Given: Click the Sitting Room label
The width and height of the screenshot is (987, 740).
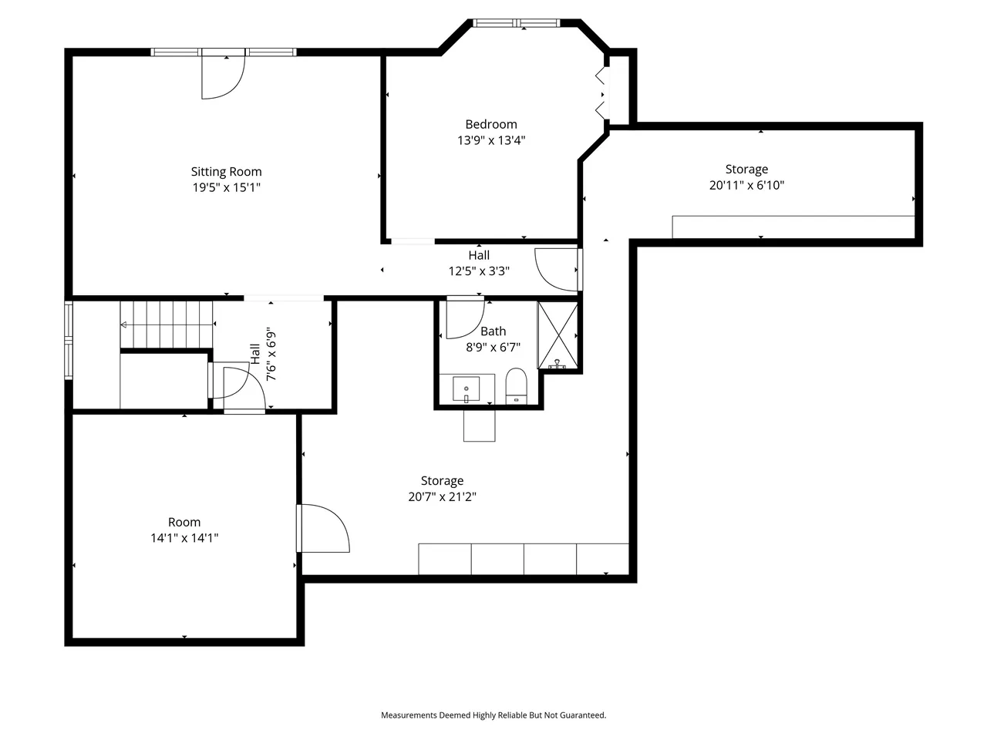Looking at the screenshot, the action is click(x=226, y=172).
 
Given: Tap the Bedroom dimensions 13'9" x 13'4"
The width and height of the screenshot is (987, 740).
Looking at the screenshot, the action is click(x=491, y=140).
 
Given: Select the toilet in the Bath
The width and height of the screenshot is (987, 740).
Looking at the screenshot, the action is click(x=516, y=386).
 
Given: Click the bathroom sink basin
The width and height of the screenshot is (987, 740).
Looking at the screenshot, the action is click(x=467, y=388).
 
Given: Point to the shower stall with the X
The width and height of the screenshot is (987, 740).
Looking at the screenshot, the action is click(x=558, y=335).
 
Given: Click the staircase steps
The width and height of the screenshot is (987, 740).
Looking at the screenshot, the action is click(x=167, y=325).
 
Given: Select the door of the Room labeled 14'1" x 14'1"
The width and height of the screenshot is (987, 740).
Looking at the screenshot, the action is click(x=323, y=528).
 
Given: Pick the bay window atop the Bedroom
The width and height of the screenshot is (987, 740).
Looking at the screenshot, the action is click(x=516, y=23).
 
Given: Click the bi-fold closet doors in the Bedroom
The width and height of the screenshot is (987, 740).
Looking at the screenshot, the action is click(x=601, y=93).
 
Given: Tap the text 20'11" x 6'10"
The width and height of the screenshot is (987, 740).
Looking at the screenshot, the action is click(x=746, y=185).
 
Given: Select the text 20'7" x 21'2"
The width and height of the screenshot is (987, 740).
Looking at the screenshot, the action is click(x=442, y=497).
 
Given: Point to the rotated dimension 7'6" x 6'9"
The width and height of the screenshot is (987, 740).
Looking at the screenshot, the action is click(x=271, y=356).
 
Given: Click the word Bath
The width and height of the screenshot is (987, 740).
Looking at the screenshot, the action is click(x=493, y=331).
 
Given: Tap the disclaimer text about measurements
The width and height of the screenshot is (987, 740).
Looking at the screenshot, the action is click(x=493, y=715).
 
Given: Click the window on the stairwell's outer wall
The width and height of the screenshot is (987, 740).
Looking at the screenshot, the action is click(x=69, y=340).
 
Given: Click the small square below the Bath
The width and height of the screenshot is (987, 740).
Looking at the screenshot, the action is click(x=480, y=425).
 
